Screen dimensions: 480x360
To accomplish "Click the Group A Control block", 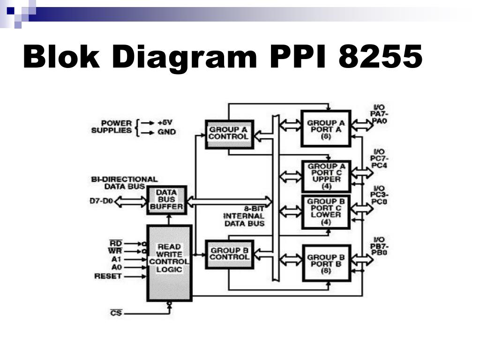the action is [x=230, y=135].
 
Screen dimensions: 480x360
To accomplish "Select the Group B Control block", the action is [x=230, y=255].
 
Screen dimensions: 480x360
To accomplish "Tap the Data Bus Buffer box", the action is [x=167, y=200].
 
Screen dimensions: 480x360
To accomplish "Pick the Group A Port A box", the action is [x=326, y=128].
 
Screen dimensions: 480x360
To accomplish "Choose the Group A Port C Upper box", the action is [x=326, y=176].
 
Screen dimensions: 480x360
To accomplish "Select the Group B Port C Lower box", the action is [x=326, y=212].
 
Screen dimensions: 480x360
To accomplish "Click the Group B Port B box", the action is [x=326, y=263].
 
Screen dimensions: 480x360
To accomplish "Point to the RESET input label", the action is [x=108, y=276].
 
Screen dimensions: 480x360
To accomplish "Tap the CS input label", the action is [x=116, y=313].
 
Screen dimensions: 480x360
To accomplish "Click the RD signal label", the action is [x=116, y=243].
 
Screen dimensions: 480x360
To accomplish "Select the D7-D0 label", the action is [x=101, y=201].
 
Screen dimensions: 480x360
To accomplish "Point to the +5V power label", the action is [x=165, y=123].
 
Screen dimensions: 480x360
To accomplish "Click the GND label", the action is [x=167, y=132].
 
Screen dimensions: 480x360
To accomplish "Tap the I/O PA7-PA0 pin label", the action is [x=379, y=114].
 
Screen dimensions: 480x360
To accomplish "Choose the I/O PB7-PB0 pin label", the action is [x=379, y=246].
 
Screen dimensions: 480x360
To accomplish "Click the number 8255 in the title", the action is [x=380, y=56].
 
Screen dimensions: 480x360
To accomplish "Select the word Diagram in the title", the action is [x=185, y=58].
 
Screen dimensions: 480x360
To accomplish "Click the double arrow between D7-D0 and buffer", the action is [x=130, y=202].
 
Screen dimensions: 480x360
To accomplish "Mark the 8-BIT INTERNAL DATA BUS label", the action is [x=245, y=216].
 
